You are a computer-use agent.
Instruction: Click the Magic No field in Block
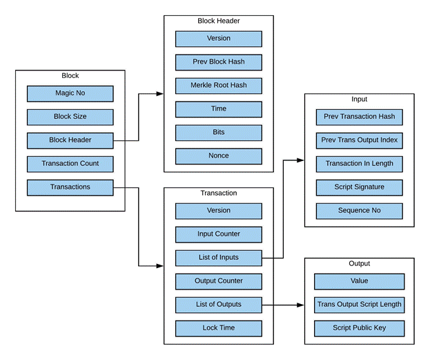tap(70, 93)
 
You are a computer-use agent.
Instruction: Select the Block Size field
tap(70, 117)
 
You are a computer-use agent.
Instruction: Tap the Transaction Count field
tap(70, 164)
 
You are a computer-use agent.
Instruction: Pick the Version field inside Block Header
tap(218, 39)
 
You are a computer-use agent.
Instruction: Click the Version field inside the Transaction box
tap(218, 211)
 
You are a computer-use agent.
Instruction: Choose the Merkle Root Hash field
tap(218, 86)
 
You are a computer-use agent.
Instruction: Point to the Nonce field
tap(218, 156)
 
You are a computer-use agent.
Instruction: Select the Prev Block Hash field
tap(218, 62)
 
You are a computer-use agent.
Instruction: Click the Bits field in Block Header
tap(218, 133)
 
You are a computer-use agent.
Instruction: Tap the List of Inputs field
tap(218, 258)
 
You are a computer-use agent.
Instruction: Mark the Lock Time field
tap(218, 328)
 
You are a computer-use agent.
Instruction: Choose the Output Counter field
tap(218, 281)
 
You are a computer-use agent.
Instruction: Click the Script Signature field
tap(359, 187)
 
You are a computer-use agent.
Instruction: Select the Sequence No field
tap(359, 211)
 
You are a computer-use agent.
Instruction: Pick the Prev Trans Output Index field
tap(359, 140)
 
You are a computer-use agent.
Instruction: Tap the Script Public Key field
tap(359, 328)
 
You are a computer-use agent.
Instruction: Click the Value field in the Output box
tap(359, 281)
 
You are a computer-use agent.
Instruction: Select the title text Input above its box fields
tap(359, 100)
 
